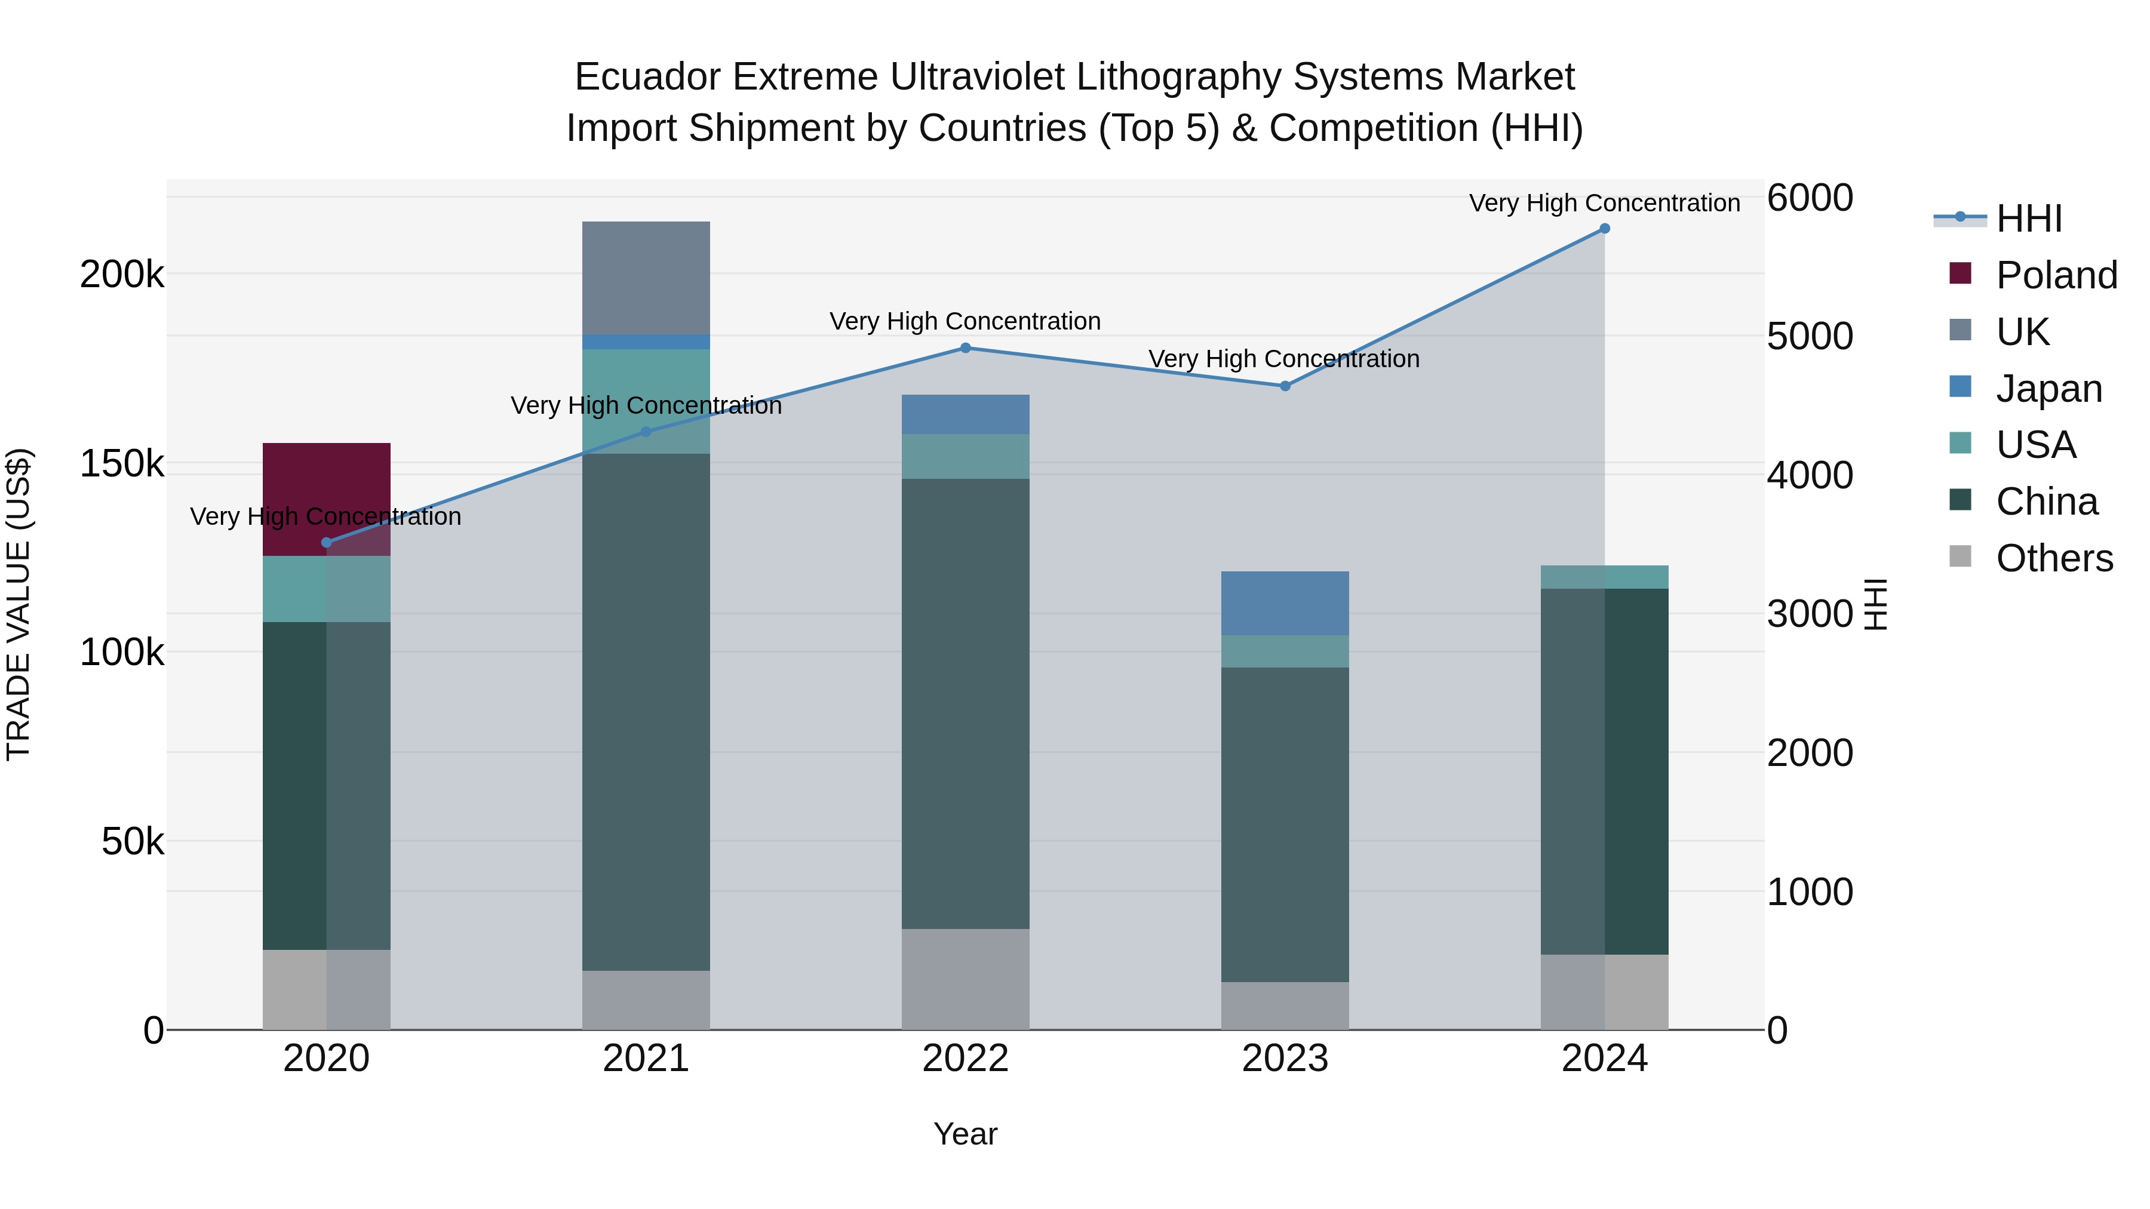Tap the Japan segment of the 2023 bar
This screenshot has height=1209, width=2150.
1285,602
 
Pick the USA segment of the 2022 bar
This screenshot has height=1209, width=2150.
965,456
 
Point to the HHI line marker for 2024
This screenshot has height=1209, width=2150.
1604,229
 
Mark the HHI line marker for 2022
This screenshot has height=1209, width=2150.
965,348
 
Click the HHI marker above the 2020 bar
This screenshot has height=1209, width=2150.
326,542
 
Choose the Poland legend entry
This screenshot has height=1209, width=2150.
2056,275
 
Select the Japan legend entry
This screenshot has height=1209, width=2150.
2048,389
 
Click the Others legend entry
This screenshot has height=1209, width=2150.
2053,558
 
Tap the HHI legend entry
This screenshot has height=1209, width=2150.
2028,219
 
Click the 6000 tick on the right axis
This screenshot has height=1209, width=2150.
1810,199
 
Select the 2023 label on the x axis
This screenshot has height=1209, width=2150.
1285,1059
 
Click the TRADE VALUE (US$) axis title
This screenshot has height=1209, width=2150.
19,604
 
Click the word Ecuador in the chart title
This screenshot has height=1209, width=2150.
647,77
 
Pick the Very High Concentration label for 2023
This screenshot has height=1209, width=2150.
1283,359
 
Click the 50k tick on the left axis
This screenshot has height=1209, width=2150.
132,842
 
